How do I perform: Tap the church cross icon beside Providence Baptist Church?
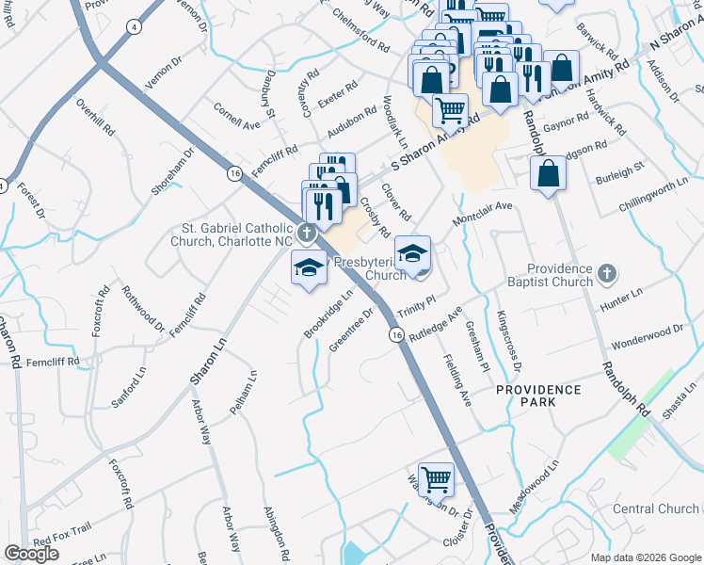pyautogui.click(x=607, y=274)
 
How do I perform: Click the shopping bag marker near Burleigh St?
pyautogui.click(x=548, y=174)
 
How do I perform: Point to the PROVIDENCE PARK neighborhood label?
pyautogui.click(x=539, y=395)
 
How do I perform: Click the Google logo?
pyautogui.click(x=31, y=554)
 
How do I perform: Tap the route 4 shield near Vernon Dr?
pyautogui.click(x=136, y=27)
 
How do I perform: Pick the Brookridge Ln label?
pyautogui.click(x=328, y=314)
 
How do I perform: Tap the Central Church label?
pyautogui.click(x=655, y=508)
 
